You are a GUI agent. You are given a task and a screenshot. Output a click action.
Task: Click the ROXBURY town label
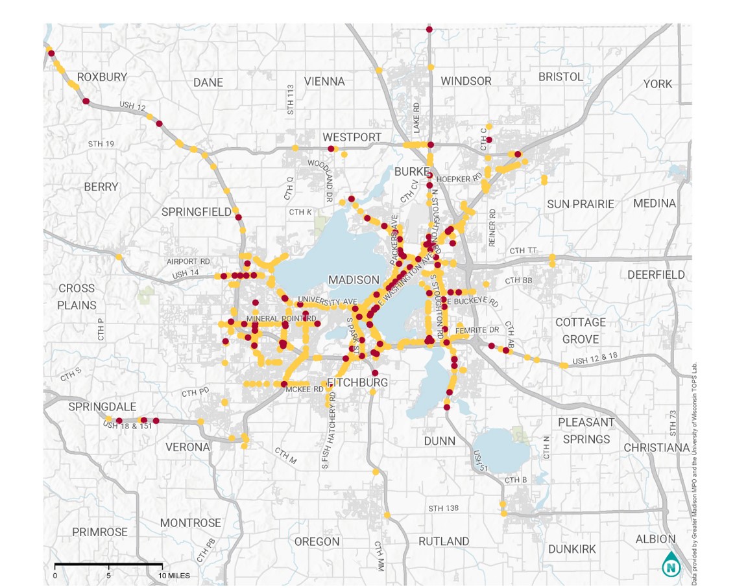click(102, 76)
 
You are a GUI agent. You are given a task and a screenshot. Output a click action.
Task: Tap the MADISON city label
click(354, 280)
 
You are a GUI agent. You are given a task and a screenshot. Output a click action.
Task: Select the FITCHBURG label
click(357, 382)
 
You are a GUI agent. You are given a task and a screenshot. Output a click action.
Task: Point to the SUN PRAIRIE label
click(580, 204)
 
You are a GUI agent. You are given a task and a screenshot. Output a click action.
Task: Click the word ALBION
click(655, 539)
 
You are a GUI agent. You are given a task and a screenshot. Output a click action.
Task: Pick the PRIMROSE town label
click(100, 532)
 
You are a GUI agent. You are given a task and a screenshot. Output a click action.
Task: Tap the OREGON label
click(317, 541)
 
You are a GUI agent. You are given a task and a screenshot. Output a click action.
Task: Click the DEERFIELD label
click(656, 275)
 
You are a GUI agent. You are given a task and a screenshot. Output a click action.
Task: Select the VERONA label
click(187, 447)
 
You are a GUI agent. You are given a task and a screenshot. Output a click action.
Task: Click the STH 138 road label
click(444, 508)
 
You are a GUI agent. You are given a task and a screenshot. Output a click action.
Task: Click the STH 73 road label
click(673, 423)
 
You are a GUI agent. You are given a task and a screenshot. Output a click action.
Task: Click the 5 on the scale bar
click(109, 575)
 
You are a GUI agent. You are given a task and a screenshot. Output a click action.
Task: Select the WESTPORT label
click(352, 137)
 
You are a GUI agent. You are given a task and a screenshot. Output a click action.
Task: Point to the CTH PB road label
click(210, 550)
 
